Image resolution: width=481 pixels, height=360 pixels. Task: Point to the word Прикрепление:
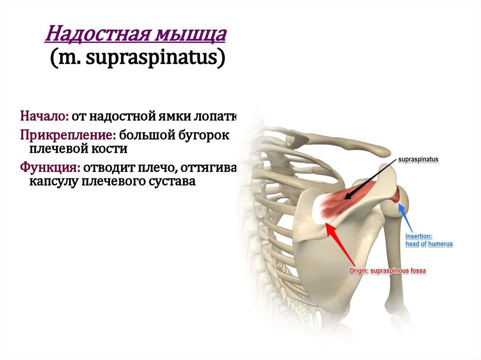68,136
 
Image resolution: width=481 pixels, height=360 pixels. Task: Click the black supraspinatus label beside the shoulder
418,160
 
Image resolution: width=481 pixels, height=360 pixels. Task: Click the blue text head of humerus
429,245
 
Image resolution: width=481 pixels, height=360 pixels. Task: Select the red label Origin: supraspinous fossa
387,271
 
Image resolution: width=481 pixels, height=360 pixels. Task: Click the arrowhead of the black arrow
345,199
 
